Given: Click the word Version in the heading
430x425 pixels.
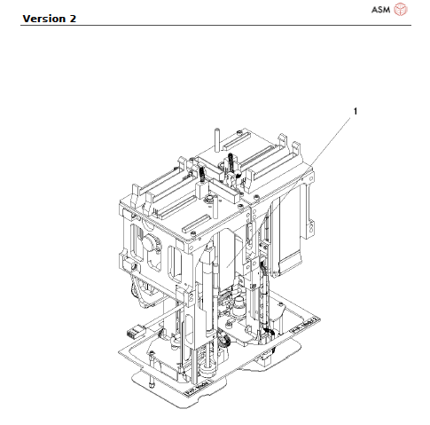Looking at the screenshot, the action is click(x=44, y=19).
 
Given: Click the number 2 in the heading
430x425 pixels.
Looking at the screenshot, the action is click(x=73, y=19).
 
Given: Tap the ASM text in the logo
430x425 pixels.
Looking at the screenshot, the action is click(x=380, y=10).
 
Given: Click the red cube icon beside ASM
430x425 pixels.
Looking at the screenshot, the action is click(x=401, y=9).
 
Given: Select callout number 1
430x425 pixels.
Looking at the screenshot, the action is click(x=356, y=111).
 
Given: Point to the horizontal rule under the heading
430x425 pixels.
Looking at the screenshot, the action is click(x=215, y=26).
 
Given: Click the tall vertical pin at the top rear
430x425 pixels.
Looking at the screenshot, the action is click(x=217, y=139).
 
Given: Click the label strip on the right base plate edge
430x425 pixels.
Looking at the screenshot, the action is click(x=305, y=326).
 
